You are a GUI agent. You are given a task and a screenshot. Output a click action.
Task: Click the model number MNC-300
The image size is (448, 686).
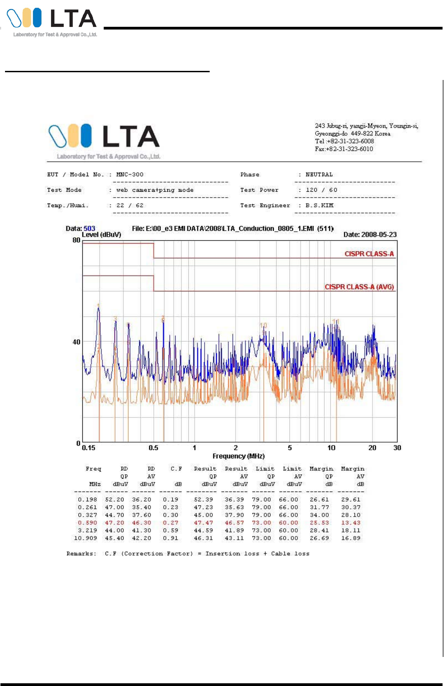[x=130, y=174]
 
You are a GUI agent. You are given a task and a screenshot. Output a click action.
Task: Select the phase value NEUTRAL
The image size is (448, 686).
[x=319, y=174]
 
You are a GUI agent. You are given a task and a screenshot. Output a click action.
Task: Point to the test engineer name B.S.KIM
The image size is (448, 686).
[x=319, y=205]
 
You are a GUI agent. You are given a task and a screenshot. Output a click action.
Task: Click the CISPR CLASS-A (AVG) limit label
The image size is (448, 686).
[x=359, y=287]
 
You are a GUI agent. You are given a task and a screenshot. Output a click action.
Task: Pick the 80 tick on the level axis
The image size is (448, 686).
[x=76, y=240]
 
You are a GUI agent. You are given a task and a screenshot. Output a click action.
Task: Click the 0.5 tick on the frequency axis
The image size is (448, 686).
[x=153, y=448]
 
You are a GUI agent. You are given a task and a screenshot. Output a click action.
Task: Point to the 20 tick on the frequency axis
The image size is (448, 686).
[x=372, y=448]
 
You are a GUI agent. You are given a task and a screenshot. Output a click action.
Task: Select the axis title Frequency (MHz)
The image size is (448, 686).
[x=238, y=456]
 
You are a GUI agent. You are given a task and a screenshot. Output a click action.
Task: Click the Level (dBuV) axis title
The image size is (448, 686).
[x=101, y=234]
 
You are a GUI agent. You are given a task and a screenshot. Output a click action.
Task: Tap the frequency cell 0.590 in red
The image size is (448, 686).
[x=87, y=522]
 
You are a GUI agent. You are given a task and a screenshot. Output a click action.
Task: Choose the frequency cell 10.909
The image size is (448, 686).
[x=86, y=538]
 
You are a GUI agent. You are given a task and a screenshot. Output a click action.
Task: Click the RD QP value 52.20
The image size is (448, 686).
[x=115, y=499]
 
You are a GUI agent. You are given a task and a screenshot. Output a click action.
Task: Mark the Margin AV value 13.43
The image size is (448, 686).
[x=351, y=522]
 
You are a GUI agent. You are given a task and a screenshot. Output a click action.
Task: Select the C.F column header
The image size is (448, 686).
[x=176, y=469]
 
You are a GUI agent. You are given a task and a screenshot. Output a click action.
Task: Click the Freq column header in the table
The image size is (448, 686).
[x=93, y=469]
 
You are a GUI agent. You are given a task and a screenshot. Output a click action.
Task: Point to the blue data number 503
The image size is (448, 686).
[x=90, y=229]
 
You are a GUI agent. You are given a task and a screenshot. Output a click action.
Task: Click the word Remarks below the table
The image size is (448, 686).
[x=81, y=553]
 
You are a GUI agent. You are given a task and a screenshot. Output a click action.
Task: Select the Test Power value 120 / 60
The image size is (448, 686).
[x=321, y=190]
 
